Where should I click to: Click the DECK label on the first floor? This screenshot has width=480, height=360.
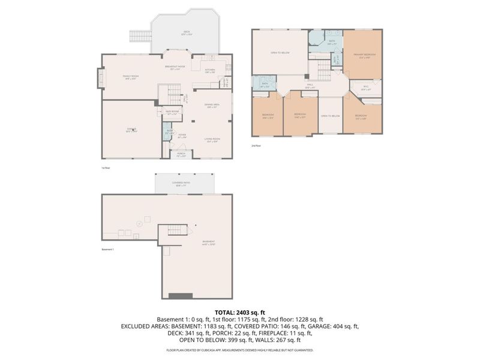pos(186,32)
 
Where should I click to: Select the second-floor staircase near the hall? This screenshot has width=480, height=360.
pos(324,74)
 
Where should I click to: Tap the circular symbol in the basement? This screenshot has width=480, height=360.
pos(140,221)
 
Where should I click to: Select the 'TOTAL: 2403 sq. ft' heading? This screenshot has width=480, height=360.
pos(240,312)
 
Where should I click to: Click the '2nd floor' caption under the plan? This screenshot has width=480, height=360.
pos(256,145)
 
